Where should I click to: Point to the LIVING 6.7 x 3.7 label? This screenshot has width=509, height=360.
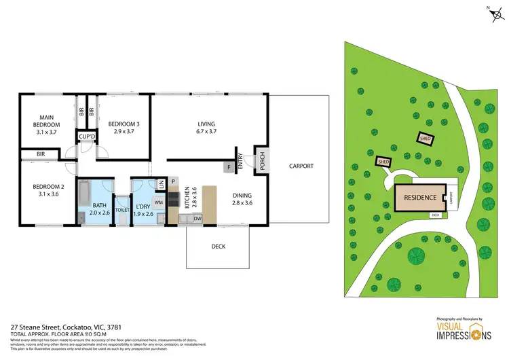206,127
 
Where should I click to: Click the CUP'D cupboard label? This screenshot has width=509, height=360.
86,137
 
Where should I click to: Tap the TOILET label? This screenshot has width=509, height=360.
121,211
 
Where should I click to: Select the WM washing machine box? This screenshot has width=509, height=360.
158,202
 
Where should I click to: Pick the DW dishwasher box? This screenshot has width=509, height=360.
197,218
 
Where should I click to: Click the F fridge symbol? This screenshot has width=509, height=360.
229,166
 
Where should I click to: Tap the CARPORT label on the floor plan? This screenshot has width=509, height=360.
301,166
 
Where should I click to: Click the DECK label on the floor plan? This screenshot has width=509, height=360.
217,247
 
